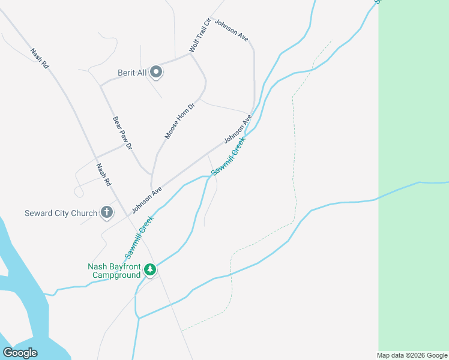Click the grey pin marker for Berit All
(x=156, y=73)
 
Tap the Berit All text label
(x=132, y=73)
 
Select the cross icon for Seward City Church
(x=107, y=212)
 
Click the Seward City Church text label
(x=61, y=213)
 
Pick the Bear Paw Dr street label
(x=122, y=133)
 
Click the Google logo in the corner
(x=20, y=352)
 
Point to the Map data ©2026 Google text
(x=412, y=355)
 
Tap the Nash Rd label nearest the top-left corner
(x=40, y=58)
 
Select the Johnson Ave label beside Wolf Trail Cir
(x=231, y=29)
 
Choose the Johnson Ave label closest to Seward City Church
(x=148, y=199)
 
